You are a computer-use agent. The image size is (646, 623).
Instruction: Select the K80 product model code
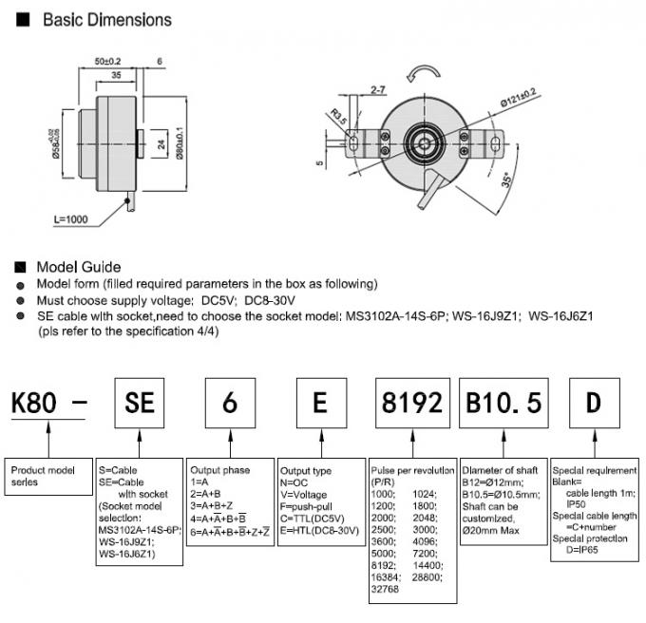(x=37, y=404)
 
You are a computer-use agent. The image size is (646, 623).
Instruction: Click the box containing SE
(x=140, y=403)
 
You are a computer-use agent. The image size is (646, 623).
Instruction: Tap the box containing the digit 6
(x=230, y=403)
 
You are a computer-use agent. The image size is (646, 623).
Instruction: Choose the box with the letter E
(x=320, y=403)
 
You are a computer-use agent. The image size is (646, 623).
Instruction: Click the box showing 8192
(x=409, y=403)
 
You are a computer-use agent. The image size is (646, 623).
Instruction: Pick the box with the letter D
(x=593, y=403)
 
